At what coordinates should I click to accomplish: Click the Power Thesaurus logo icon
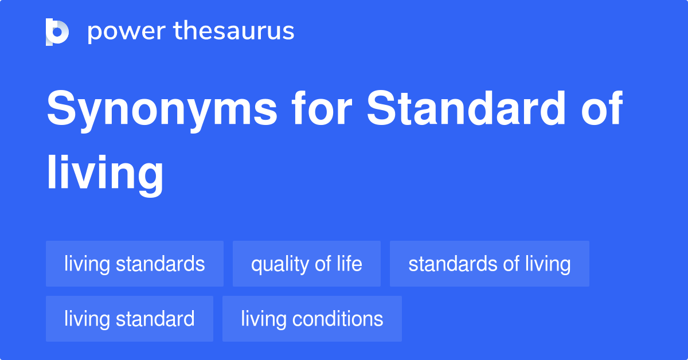57,32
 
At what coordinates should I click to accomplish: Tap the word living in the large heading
105,175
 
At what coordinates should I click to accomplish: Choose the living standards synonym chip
135,264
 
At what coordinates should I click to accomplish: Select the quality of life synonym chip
307,264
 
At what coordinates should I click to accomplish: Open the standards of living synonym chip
489,264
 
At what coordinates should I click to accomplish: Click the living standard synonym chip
130,319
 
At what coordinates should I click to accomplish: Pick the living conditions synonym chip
312,319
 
